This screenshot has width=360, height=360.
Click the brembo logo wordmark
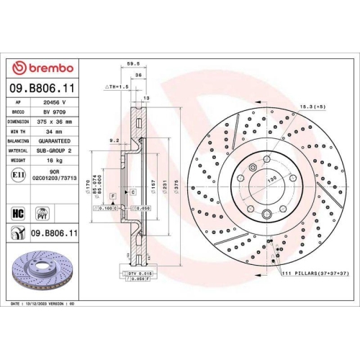[x=44, y=68]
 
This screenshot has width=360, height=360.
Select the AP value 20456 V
[x=55, y=103]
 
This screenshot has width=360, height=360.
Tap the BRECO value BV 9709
[x=55, y=113]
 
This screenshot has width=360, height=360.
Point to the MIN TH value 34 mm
[x=55, y=133]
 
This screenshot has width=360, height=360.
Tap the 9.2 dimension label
[x=114, y=140]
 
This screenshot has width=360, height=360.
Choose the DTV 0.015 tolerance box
[x=135, y=274]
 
